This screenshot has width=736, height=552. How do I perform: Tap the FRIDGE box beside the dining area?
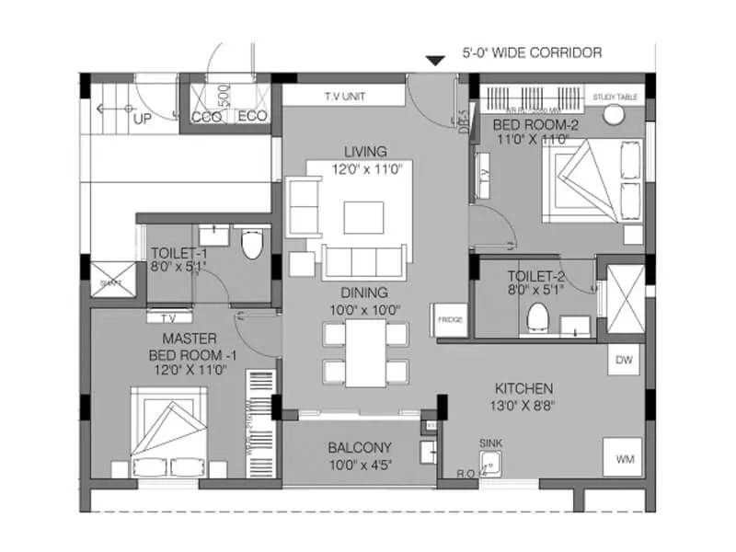click(450, 320)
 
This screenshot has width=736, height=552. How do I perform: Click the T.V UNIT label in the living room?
click(343, 96)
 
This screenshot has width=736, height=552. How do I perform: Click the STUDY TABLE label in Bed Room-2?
click(615, 96)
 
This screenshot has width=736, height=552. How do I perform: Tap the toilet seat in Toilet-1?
click(251, 246)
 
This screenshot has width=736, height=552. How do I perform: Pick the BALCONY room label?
click(360, 447)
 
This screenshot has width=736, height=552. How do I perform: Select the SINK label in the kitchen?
click(491, 443)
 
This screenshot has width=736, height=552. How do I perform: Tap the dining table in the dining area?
click(364, 351)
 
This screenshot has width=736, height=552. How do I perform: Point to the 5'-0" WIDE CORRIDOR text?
click(532, 53)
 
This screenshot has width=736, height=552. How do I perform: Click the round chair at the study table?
click(614, 116)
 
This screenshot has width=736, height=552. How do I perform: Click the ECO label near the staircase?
click(252, 117)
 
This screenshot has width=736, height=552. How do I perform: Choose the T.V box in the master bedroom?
click(169, 317)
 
